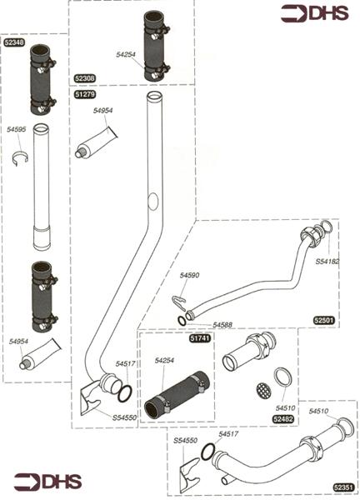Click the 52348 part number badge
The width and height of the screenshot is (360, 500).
coord(15,42)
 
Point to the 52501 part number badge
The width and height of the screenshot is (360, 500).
coord(324,320)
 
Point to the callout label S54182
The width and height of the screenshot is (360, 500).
coord(327,262)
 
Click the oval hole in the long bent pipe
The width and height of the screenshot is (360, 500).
coord(152,201)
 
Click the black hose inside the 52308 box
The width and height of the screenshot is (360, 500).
coord(157,45)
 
